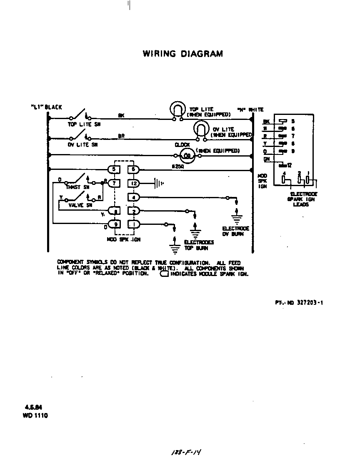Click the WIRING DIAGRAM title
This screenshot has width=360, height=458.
(183, 54)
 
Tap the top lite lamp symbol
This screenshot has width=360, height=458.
(180, 110)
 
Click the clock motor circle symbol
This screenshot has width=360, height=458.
(187, 156)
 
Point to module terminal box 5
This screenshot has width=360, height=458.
(114, 169)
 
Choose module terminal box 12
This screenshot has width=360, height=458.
(133, 183)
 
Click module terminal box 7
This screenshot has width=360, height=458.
(114, 183)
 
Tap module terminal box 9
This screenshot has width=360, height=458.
(114, 224)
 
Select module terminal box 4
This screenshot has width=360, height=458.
(133, 197)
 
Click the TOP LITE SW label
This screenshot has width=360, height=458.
(84, 124)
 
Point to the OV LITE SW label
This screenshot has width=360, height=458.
(82, 144)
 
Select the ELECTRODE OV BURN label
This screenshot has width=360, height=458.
(235, 231)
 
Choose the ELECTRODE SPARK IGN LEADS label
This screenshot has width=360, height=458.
(304, 199)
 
